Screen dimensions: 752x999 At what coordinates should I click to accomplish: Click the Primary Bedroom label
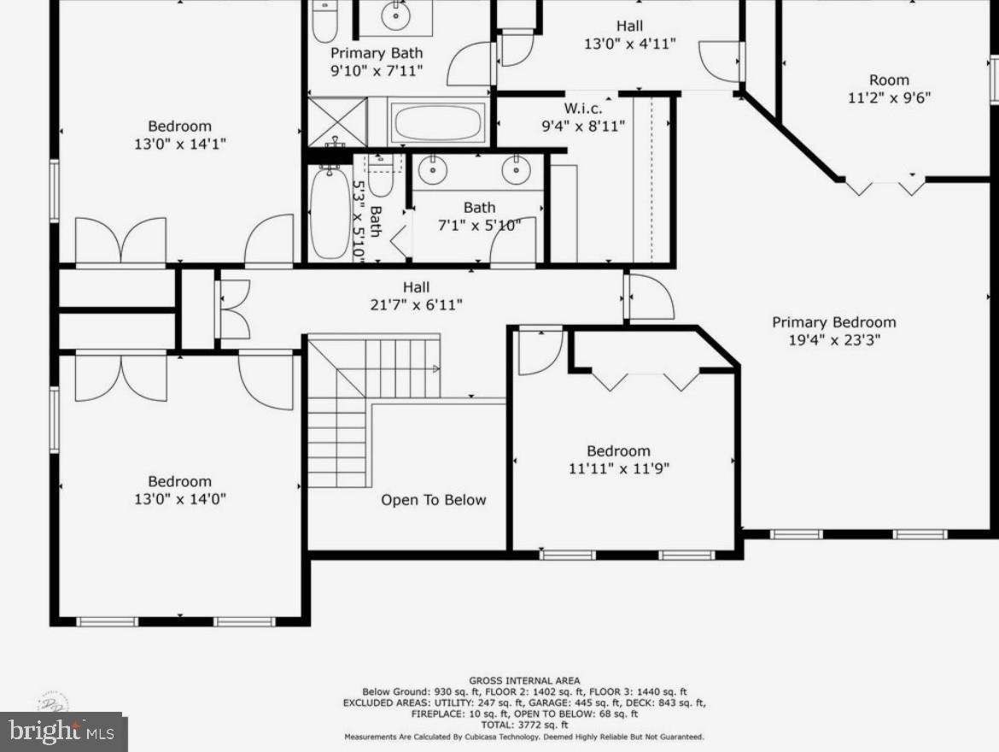[x=833, y=322]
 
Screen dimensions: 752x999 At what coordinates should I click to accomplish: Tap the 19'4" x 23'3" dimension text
[x=833, y=340]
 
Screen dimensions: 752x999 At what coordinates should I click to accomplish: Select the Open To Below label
[x=433, y=500]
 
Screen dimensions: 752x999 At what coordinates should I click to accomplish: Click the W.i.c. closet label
[x=582, y=109]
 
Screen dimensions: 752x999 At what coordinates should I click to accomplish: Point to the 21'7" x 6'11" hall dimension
[x=417, y=305]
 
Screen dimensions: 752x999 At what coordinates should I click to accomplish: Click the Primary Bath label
[x=377, y=53]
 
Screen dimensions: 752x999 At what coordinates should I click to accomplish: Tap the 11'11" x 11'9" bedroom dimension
[x=618, y=468]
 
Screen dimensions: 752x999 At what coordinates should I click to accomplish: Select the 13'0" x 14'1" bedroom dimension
[x=179, y=144]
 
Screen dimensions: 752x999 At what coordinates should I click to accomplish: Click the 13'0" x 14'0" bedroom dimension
[x=179, y=499]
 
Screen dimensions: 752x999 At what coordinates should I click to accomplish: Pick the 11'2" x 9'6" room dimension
[x=889, y=97]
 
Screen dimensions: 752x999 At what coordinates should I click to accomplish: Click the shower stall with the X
[x=336, y=121]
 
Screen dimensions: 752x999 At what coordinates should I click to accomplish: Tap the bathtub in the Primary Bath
[x=438, y=123]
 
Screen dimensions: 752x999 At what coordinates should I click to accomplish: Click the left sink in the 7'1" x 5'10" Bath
[x=435, y=169]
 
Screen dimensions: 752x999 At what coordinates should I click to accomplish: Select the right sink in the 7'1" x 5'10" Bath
[x=516, y=169]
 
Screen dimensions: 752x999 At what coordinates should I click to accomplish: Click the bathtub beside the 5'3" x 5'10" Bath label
[x=330, y=214]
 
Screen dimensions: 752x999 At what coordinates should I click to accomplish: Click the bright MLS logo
[x=63, y=731]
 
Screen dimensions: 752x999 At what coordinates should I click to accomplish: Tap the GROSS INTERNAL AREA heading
[x=524, y=681]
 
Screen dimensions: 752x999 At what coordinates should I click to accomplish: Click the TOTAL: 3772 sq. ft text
[x=524, y=724]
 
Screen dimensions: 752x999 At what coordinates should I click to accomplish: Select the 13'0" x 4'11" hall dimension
[x=629, y=44]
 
